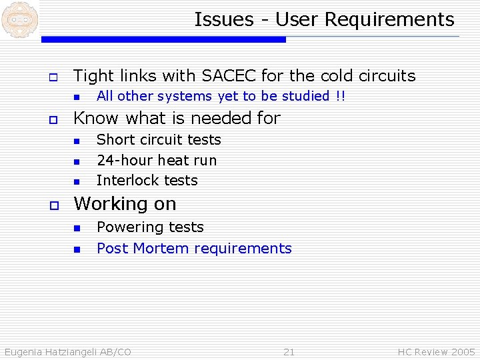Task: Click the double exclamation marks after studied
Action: tap(341, 96)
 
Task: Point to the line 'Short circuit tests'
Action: tap(159, 140)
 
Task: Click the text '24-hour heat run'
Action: tap(157, 160)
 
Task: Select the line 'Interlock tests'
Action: tap(147, 181)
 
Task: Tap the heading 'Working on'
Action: tap(125, 203)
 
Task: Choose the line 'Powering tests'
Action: tap(150, 227)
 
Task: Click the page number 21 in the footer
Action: tap(289, 352)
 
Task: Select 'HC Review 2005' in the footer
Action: tap(436, 352)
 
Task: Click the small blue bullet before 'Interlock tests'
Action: tap(76, 181)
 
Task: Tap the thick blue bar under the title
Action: tap(163, 40)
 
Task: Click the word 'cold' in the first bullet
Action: tap(337, 76)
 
